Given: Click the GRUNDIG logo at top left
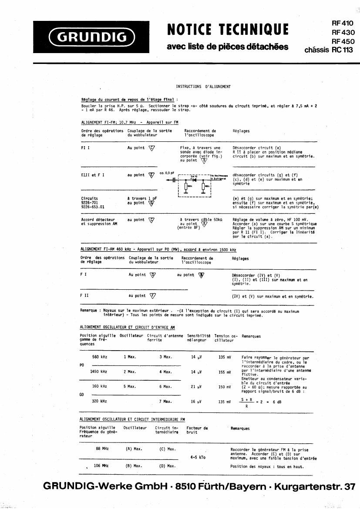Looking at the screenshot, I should pos(92,37).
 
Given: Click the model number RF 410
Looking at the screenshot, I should pos(343,23).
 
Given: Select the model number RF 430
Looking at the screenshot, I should pos(343,32).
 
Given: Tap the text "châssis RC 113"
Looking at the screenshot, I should pos(329,50).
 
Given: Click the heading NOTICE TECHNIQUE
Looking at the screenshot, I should pos(228,30).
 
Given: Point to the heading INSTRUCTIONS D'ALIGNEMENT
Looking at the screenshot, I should pos(203,87).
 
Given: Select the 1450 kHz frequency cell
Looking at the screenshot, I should pos(98,372).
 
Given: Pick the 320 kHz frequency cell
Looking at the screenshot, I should pos(100,401).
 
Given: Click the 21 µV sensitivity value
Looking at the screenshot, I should pos(197,386).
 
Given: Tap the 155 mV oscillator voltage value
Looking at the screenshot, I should pos(225,372).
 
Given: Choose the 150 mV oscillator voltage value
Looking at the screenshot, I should pos(225,386).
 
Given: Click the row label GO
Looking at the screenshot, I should pos(82,394).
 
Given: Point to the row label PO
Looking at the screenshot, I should pos(82,365).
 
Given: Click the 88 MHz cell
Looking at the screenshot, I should pos(102,449).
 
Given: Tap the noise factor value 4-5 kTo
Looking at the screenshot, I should pos(198,457).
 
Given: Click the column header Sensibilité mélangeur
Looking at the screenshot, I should pos(199,338).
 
